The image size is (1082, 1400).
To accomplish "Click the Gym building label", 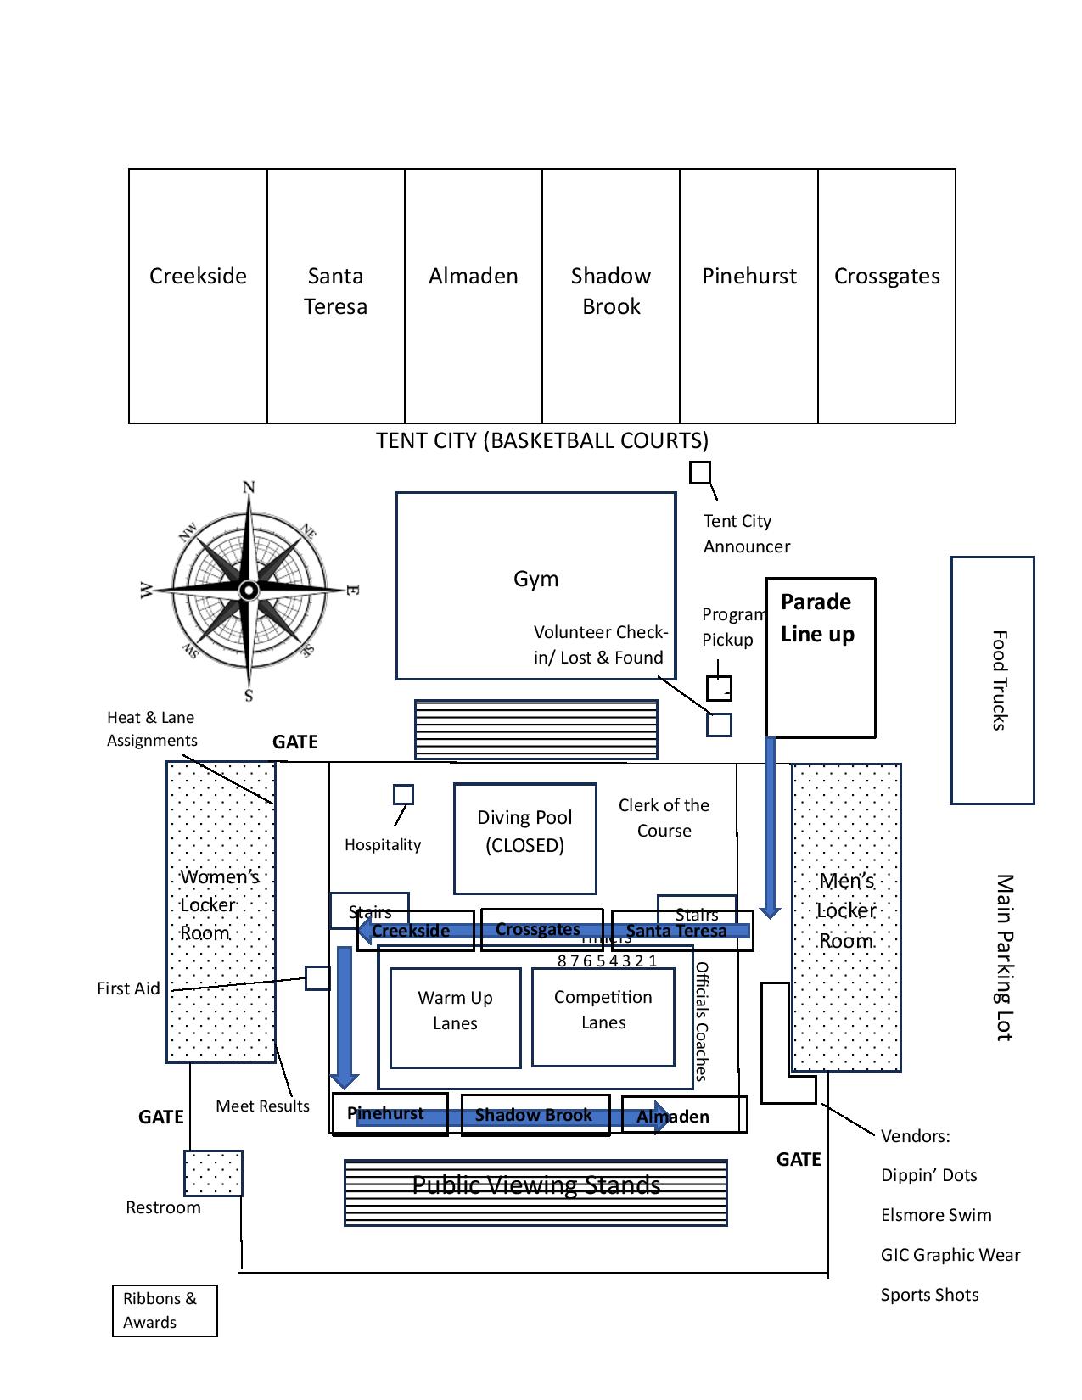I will click(x=535, y=580).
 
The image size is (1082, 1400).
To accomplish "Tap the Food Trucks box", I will click(x=992, y=680).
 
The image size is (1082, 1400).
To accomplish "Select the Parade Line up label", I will click(x=816, y=618).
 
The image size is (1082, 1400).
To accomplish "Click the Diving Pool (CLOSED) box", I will click(x=524, y=838).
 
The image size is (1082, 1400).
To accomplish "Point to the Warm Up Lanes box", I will click(x=455, y=1017).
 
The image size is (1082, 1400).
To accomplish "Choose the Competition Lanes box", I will click(x=603, y=1016).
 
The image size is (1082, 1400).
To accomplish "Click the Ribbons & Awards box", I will click(x=165, y=1310).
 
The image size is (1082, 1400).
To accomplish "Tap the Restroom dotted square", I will click(x=213, y=1173).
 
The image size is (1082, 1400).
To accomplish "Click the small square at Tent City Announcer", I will click(x=699, y=473).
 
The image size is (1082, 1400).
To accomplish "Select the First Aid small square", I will click(x=317, y=977).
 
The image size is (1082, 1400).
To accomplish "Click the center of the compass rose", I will click(x=249, y=590).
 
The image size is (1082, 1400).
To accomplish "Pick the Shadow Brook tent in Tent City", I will click(x=610, y=295).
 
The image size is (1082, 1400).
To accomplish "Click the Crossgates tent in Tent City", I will click(x=886, y=295).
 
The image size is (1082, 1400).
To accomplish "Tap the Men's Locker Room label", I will click(x=845, y=910).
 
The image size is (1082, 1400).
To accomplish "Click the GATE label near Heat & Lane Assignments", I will click(x=294, y=742).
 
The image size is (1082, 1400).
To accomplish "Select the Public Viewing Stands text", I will click(x=535, y=1184).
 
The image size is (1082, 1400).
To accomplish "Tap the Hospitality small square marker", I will click(x=403, y=794).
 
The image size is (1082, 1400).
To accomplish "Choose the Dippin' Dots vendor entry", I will click(x=928, y=1175).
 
